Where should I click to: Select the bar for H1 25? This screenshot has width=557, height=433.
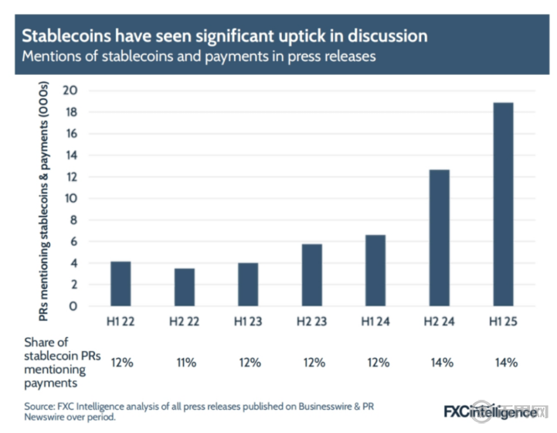coord(503,204)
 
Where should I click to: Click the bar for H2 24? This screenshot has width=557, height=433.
coord(439,237)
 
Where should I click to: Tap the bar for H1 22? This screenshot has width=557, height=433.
coord(121,284)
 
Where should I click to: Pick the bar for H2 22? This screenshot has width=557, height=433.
coord(184,287)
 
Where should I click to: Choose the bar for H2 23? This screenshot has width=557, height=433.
coord(311,274)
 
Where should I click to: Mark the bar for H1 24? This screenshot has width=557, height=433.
coord(375,270)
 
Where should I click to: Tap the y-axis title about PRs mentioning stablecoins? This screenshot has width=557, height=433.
coord(46,198)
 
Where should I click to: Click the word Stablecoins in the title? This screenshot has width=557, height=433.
coord(63,36)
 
